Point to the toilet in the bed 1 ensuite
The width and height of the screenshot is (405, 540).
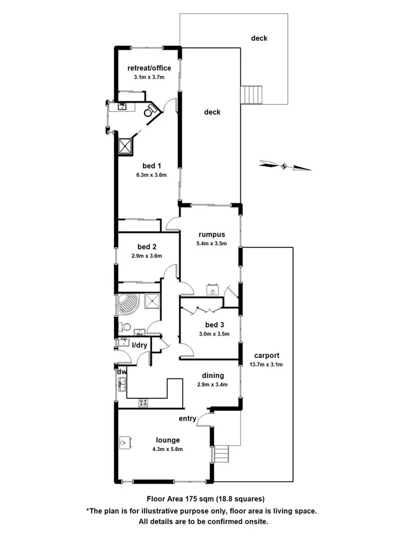point(149,110)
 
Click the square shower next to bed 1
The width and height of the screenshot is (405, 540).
point(126,146)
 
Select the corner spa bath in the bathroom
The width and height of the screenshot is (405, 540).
point(129,304)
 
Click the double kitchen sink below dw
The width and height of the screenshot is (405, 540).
point(122,384)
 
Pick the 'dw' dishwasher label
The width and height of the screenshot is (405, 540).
point(121,371)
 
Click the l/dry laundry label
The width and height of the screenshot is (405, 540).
point(140,345)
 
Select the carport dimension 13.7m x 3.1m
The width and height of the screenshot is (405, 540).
point(266,364)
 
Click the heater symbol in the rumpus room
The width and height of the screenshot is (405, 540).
point(211,289)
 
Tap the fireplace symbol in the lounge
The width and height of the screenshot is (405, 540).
point(124,443)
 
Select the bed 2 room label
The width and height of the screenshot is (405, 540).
point(147,247)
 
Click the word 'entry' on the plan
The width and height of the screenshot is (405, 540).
point(187,418)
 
